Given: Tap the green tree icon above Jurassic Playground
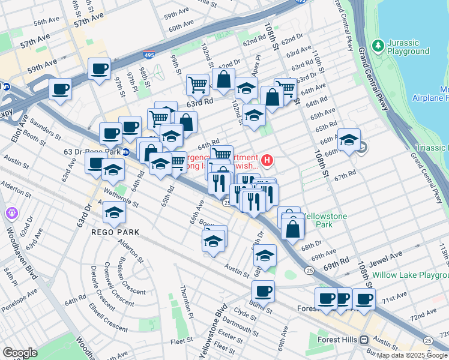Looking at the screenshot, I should (378, 45).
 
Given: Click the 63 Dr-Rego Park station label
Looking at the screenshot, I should (92, 151).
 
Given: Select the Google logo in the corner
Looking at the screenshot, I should (20, 352).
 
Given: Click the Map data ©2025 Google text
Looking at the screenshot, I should (411, 355).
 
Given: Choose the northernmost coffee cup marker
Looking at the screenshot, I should (99, 68).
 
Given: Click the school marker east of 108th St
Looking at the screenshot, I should (349, 139).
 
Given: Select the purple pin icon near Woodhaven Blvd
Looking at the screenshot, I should (11, 213).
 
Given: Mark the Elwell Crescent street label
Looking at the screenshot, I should (107, 324).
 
